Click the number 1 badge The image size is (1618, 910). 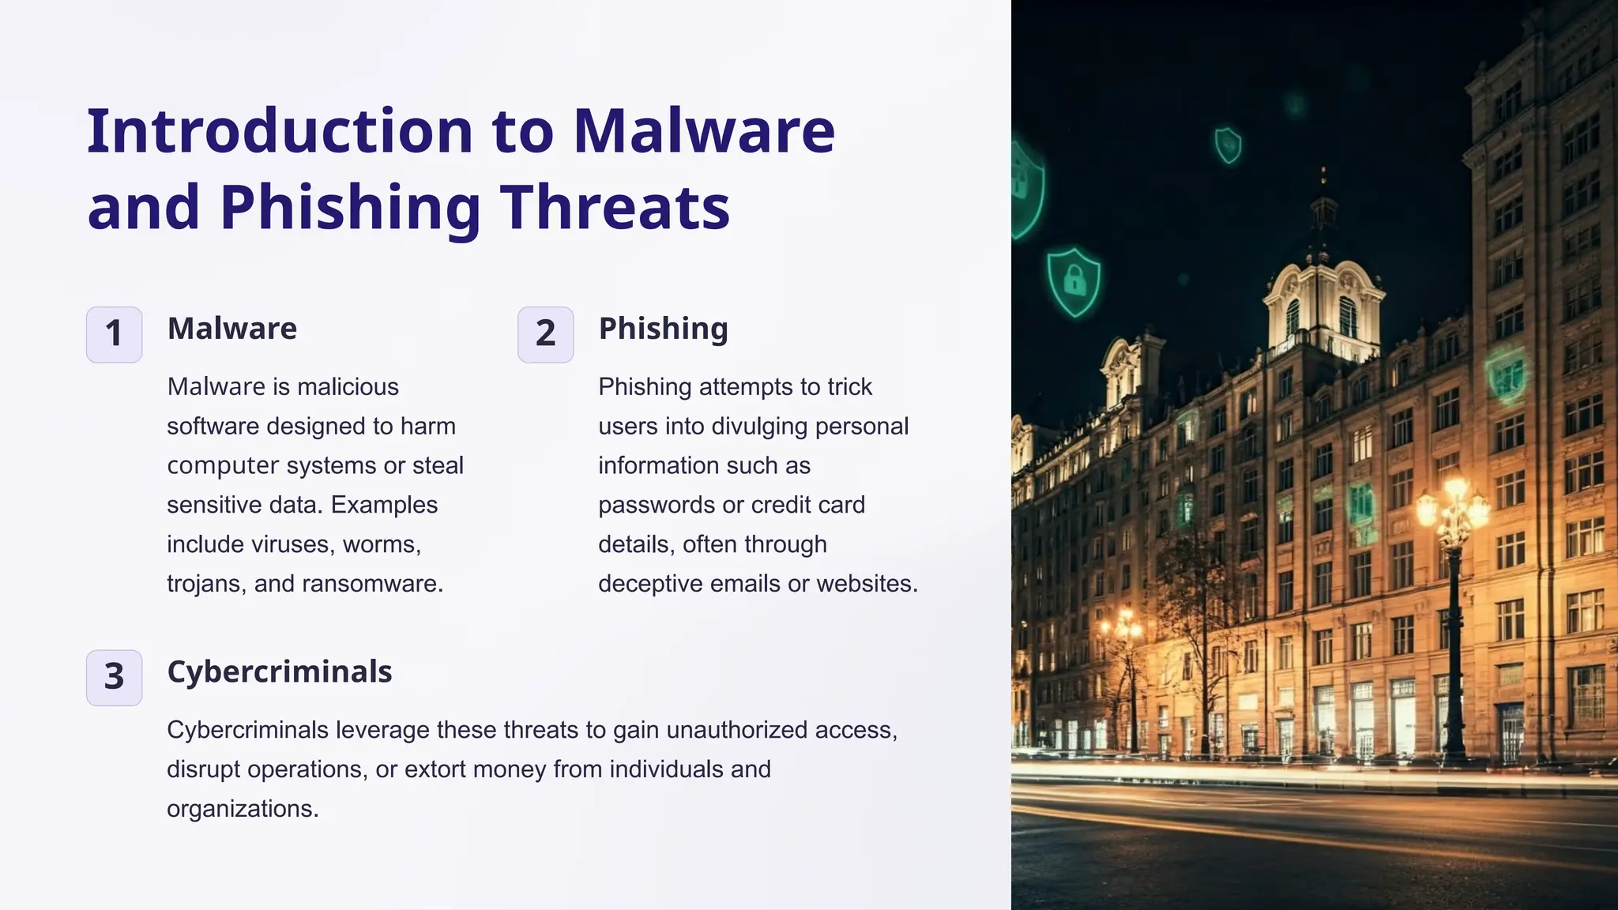[x=114, y=334]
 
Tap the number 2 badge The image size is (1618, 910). [x=545, y=334]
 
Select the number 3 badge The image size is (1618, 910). [x=114, y=677]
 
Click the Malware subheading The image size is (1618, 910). [x=232, y=329]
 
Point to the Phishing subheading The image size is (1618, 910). [x=663, y=329]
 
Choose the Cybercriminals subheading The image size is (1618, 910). [x=280, y=671]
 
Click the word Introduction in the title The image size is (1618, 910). [x=280, y=131]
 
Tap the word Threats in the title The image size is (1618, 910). [x=615, y=207]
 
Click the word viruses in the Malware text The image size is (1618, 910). [x=290, y=544]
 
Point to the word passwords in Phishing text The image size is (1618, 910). [x=657, y=505]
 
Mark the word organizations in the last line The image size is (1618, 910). [x=241, y=809]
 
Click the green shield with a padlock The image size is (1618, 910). [x=1073, y=281]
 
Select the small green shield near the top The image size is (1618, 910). [x=1228, y=145]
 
